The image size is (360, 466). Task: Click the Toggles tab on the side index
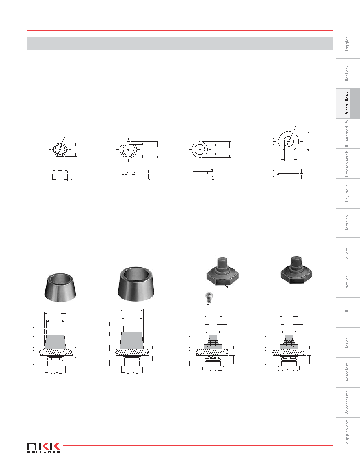click(347, 44)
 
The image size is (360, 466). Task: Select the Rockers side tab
click(347, 73)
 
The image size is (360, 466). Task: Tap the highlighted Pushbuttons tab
click(347, 104)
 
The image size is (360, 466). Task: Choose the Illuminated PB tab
click(347, 133)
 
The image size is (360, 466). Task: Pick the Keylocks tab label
click(347, 193)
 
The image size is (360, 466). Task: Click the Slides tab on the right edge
click(347, 253)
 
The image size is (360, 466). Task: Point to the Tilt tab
click(347, 312)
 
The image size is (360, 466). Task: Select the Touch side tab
click(347, 343)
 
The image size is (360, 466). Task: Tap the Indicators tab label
click(347, 372)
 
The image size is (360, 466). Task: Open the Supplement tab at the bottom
click(347, 432)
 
